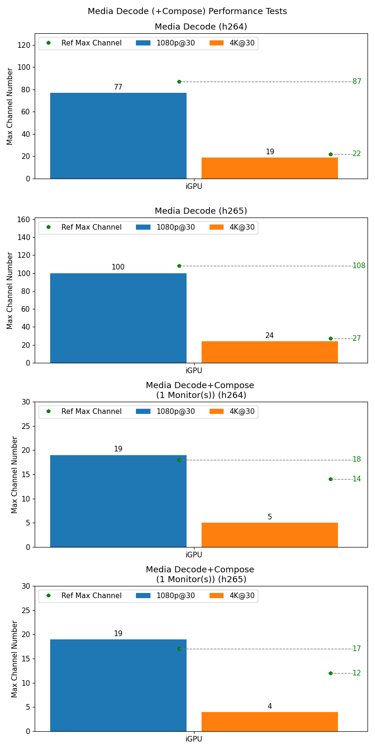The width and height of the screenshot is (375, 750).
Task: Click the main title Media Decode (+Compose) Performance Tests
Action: point(187,11)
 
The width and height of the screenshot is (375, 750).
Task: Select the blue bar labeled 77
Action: point(118,135)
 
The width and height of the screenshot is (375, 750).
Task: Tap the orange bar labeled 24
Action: point(270,352)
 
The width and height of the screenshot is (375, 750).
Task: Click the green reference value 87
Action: point(357,82)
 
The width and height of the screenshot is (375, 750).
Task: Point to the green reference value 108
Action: point(359,266)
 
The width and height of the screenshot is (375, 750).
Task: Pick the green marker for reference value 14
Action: point(330,479)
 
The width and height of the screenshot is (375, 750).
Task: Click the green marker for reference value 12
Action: point(330,673)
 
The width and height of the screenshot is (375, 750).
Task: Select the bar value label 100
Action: point(118,267)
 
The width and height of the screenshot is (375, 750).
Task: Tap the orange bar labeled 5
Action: point(270,535)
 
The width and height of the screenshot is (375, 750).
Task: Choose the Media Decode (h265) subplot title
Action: point(201,211)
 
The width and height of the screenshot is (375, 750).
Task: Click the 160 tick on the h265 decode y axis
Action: point(25,219)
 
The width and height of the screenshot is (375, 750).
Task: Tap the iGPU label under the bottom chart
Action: point(194,739)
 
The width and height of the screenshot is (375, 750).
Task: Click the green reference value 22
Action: point(357,154)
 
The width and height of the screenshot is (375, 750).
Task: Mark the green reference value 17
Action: point(357,649)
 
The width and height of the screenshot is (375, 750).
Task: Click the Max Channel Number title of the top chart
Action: point(10,106)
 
